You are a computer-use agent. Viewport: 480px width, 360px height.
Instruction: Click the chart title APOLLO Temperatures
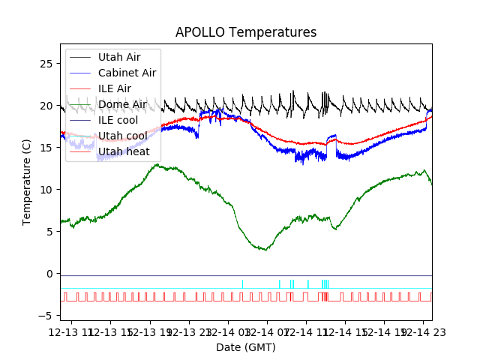click(x=246, y=32)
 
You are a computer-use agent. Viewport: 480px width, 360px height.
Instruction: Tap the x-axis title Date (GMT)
click(x=246, y=347)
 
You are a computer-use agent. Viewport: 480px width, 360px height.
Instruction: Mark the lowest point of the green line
click(x=265, y=250)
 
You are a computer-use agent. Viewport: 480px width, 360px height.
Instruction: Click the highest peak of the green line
click(x=156, y=164)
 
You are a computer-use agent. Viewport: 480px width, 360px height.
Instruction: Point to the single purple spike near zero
click(x=242, y=282)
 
